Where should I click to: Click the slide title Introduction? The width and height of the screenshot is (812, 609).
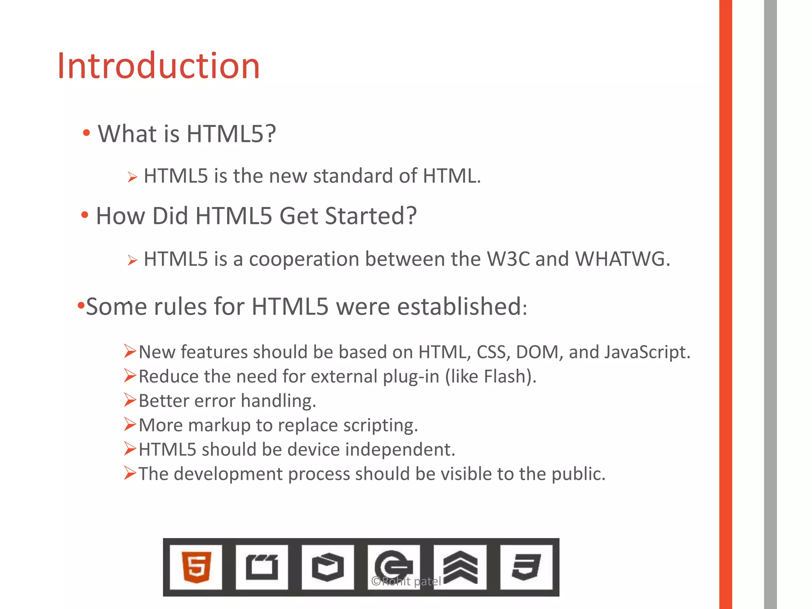pyautogui.click(x=158, y=66)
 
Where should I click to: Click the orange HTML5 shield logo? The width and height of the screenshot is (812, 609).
pyautogui.click(x=196, y=567)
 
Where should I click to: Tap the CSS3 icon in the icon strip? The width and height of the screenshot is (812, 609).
pyautogui.click(x=526, y=567)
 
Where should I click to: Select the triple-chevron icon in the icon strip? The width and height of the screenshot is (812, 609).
pyautogui.click(x=460, y=567)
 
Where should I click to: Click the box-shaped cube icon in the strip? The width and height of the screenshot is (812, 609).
pyautogui.click(x=327, y=567)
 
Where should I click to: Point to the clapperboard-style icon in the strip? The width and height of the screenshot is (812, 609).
pyautogui.click(x=262, y=567)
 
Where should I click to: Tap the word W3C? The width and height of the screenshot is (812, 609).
pyautogui.click(x=508, y=259)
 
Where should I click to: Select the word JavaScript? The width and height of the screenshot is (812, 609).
pyautogui.click(x=647, y=352)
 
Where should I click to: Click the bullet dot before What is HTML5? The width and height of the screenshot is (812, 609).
pyautogui.click(x=86, y=133)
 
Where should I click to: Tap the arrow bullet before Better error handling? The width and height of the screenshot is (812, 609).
pyautogui.click(x=130, y=400)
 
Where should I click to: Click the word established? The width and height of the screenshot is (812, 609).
pyautogui.click(x=462, y=306)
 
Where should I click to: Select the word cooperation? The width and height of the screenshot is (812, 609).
pyautogui.click(x=304, y=260)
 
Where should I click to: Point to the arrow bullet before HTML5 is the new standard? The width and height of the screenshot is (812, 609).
pyautogui.click(x=132, y=177)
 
